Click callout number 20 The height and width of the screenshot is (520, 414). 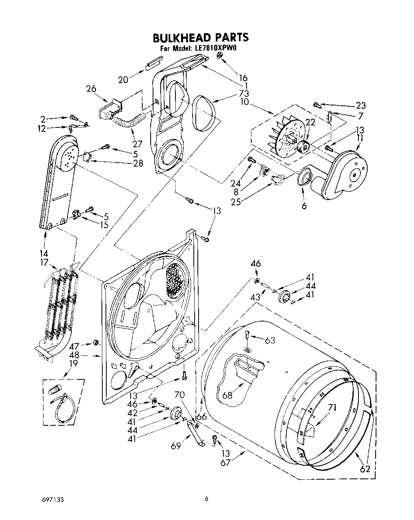[x=123, y=80]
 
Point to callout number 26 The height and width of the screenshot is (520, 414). [x=91, y=88]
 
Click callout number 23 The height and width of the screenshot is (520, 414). [x=360, y=105]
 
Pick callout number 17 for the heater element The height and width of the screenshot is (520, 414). [x=44, y=262]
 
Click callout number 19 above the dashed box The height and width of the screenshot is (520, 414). [x=73, y=363]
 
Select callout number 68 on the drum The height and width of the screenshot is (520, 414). [x=227, y=395]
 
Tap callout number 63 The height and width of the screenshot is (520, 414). [x=270, y=340]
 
